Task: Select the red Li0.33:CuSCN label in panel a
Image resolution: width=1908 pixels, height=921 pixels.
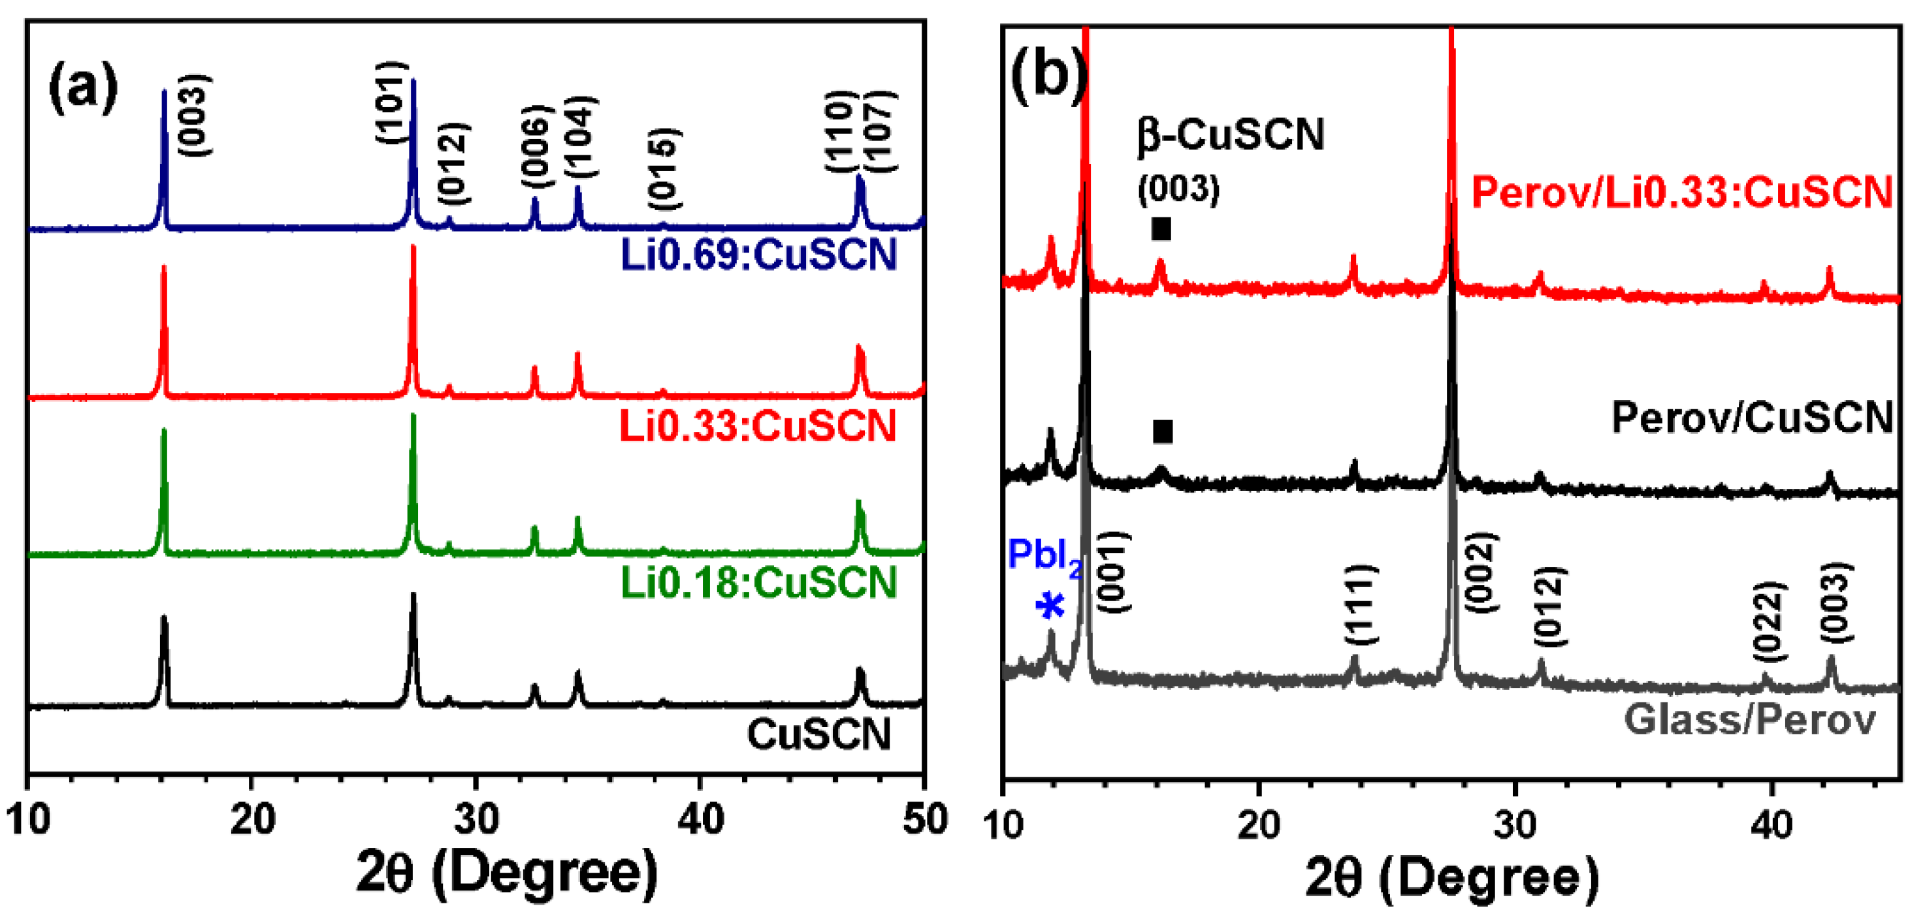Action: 757,427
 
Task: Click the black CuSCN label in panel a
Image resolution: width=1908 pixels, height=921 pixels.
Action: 818,734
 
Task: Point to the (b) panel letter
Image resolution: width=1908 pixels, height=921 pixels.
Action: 1047,76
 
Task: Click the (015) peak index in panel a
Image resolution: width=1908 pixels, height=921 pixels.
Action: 663,170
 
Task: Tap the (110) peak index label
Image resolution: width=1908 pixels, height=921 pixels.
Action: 841,132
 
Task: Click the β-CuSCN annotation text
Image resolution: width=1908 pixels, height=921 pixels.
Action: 1230,136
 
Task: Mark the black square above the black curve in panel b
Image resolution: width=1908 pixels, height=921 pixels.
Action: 1162,431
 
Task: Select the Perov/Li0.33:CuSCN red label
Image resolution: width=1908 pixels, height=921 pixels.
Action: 1681,193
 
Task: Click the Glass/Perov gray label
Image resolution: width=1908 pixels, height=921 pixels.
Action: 1749,719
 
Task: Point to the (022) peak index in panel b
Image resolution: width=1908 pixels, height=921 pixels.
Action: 1770,622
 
